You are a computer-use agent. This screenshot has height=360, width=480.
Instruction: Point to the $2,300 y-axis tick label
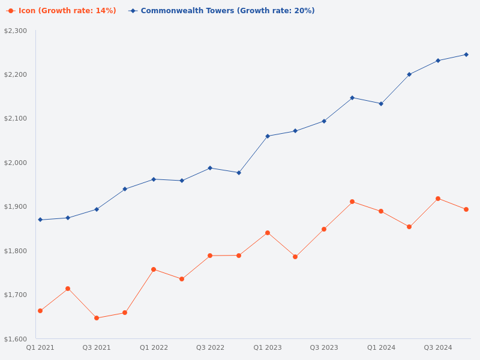click(16, 31)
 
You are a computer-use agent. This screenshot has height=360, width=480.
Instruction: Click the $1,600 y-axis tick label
click(16, 339)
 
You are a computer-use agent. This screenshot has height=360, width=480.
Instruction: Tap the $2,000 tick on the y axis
click(16, 163)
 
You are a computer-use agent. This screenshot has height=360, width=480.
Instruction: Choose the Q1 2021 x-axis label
click(40, 347)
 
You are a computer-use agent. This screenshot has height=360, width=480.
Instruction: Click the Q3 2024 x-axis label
click(438, 347)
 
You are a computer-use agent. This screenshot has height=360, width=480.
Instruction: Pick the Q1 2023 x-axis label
click(268, 347)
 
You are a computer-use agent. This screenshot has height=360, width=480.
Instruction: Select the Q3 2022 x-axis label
click(210, 347)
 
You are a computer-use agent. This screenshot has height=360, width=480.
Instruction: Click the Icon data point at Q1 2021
click(40, 311)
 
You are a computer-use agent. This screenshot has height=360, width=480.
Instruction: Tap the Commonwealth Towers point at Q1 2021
click(40, 220)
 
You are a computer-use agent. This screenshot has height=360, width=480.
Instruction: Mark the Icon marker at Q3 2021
click(97, 318)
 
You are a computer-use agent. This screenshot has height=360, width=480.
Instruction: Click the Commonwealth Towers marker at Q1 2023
click(268, 136)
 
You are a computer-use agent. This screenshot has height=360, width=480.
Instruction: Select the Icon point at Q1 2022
click(154, 269)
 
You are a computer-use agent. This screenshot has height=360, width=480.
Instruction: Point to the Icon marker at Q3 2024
click(438, 199)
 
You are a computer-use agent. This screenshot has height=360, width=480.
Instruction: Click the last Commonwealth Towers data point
click(466, 55)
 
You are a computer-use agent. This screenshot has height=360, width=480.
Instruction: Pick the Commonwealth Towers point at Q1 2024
click(381, 104)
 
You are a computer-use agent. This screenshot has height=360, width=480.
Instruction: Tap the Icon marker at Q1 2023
click(268, 233)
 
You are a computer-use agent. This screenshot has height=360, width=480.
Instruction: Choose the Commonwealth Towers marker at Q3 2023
click(324, 121)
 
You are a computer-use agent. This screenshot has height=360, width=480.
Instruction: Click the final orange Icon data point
click(466, 209)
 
